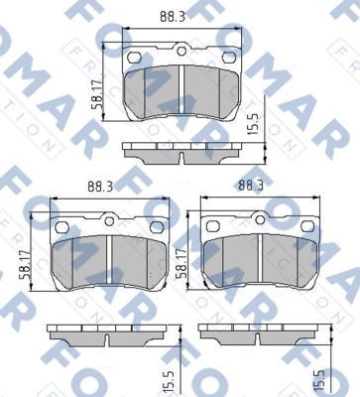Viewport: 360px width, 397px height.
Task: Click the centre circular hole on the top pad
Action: (181, 52)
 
